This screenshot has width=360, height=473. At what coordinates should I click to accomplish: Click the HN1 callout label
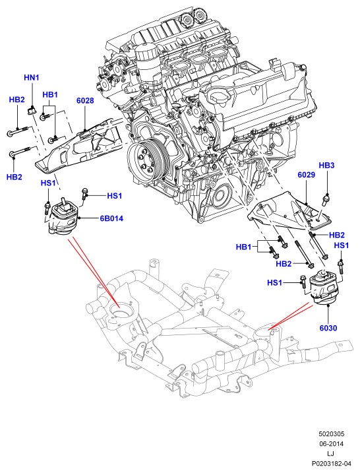[32, 78]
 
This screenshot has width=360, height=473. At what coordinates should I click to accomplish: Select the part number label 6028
[85, 100]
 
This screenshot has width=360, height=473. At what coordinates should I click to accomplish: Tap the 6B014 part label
[111, 218]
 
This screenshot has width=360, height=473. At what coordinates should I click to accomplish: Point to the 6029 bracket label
[307, 175]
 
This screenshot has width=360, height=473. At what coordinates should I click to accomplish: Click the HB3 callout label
[326, 166]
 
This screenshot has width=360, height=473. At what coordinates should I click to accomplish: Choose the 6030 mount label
[328, 328]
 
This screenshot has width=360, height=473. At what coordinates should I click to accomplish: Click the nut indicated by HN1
[31, 111]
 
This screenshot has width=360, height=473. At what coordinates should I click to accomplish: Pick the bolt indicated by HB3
[326, 199]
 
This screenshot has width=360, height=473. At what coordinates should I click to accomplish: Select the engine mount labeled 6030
[325, 288]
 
